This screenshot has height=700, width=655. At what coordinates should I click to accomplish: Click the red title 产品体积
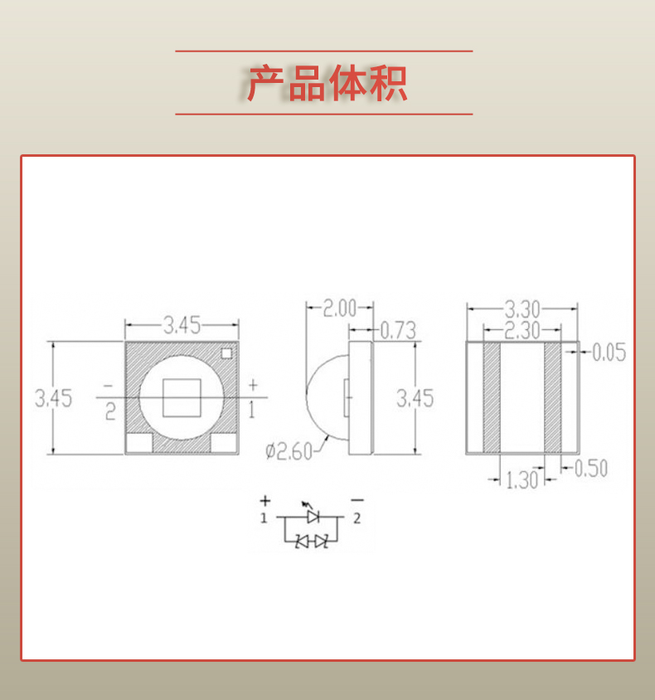tap(327, 84)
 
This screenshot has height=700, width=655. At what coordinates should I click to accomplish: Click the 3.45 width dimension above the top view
tap(182, 325)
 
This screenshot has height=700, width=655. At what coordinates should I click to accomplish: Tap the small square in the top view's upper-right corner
tap(226, 352)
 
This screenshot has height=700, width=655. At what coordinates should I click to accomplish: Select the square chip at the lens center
tap(182, 397)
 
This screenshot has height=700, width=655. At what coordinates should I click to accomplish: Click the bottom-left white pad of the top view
tap(138, 444)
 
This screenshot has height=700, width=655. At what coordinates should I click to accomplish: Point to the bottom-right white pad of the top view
tap(224, 444)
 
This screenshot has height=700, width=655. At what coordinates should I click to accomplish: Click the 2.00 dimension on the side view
tap(338, 309)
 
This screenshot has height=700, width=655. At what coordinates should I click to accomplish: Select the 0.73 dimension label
tap(397, 331)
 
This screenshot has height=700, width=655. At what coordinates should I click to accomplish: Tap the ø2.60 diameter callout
tap(289, 452)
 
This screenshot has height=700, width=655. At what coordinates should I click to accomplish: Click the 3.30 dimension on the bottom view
tap(522, 309)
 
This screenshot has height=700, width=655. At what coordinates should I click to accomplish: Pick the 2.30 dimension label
tap(522, 330)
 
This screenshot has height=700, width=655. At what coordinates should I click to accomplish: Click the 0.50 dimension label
tap(590, 469)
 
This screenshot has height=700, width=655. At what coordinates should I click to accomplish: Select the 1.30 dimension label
tap(522, 479)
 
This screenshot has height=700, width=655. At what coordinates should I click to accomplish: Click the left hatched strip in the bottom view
tap(492, 398)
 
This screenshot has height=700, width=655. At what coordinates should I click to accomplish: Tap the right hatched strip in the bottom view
tap(553, 398)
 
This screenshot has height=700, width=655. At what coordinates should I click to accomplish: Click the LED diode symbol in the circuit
tap(313, 517)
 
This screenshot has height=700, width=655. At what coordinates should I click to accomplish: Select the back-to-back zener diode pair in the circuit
tap(313, 542)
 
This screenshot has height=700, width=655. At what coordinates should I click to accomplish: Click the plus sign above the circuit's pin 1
tap(264, 501)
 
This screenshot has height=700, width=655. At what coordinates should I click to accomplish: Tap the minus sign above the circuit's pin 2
tap(357, 500)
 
